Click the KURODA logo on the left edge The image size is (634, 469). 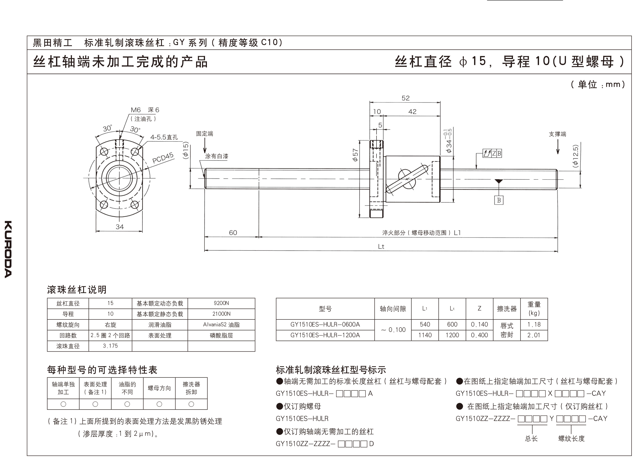8,249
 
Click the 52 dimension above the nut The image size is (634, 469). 405,98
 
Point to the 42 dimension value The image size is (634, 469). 412,112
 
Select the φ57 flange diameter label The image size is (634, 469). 355,155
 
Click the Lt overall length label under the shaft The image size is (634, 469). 381,247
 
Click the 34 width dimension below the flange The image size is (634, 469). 120,227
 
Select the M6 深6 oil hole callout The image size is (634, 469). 145,110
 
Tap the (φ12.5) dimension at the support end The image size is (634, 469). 575,156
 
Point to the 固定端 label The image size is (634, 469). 204,134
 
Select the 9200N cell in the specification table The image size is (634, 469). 221,303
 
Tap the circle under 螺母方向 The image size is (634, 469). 159,404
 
